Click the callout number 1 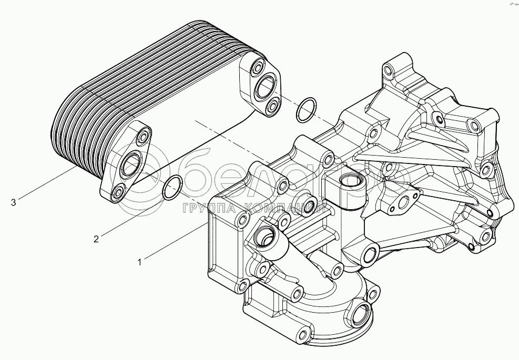click(139, 262)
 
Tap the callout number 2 click(96, 240)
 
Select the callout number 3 click(13, 202)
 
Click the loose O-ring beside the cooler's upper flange click(306, 109)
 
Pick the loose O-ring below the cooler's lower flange click(172, 188)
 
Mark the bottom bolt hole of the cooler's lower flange click(118, 192)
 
